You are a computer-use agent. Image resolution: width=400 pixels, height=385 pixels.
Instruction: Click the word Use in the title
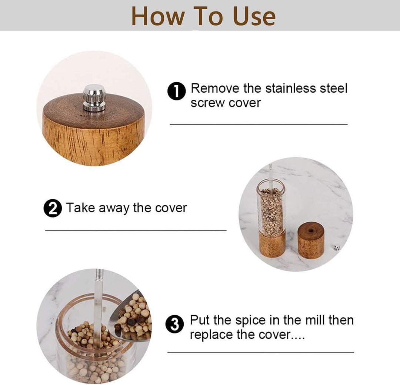[x=254, y=16]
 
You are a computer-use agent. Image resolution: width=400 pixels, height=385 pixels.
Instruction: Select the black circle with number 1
[x=177, y=91]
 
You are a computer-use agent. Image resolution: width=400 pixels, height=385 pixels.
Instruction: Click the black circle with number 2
[x=53, y=208]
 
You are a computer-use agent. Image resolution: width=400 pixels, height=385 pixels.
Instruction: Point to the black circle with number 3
[x=174, y=324]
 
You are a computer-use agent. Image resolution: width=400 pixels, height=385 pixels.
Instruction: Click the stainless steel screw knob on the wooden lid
[x=94, y=98]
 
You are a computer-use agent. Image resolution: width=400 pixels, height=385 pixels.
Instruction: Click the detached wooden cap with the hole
[x=311, y=240]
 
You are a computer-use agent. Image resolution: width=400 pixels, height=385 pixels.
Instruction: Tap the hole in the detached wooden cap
[x=311, y=230]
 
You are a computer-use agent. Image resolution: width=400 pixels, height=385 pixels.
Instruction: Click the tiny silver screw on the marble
[x=337, y=247]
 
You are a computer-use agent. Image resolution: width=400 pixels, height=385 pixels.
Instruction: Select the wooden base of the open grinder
[x=272, y=244]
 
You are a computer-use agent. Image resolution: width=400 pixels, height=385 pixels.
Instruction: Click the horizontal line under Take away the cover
[x=136, y=230]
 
